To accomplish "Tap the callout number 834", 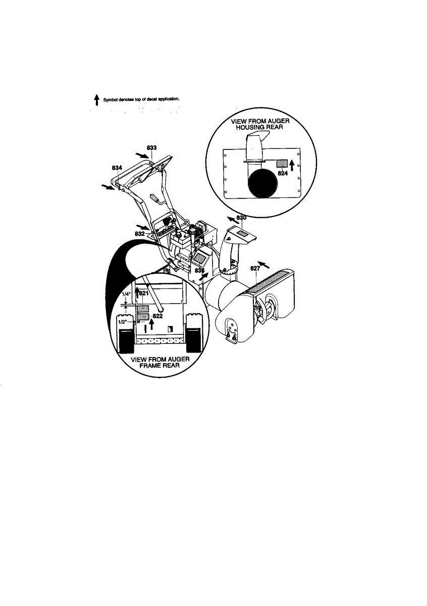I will pyautogui.click(x=117, y=167).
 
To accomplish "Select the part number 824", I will pyautogui.click(x=283, y=173).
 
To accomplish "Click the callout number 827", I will pyautogui.click(x=255, y=269).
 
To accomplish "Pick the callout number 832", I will pyautogui.click(x=140, y=234).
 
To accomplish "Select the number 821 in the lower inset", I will pyautogui.click(x=143, y=293).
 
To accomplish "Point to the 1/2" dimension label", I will pyautogui.click(x=122, y=320).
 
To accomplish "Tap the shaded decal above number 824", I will pyautogui.click(x=282, y=164).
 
